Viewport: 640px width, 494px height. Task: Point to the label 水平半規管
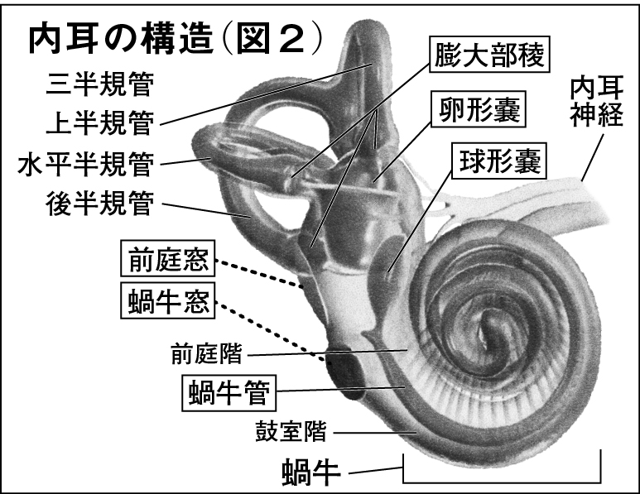pos(85,164)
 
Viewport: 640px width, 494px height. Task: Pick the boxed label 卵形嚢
pos(479,108)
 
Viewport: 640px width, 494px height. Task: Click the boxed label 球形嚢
pos(497,161)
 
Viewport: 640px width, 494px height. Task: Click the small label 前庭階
pos(206,354)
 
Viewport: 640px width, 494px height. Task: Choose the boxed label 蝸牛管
pos(227,391)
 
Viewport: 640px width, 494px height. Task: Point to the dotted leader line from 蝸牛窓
pos(273,331)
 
